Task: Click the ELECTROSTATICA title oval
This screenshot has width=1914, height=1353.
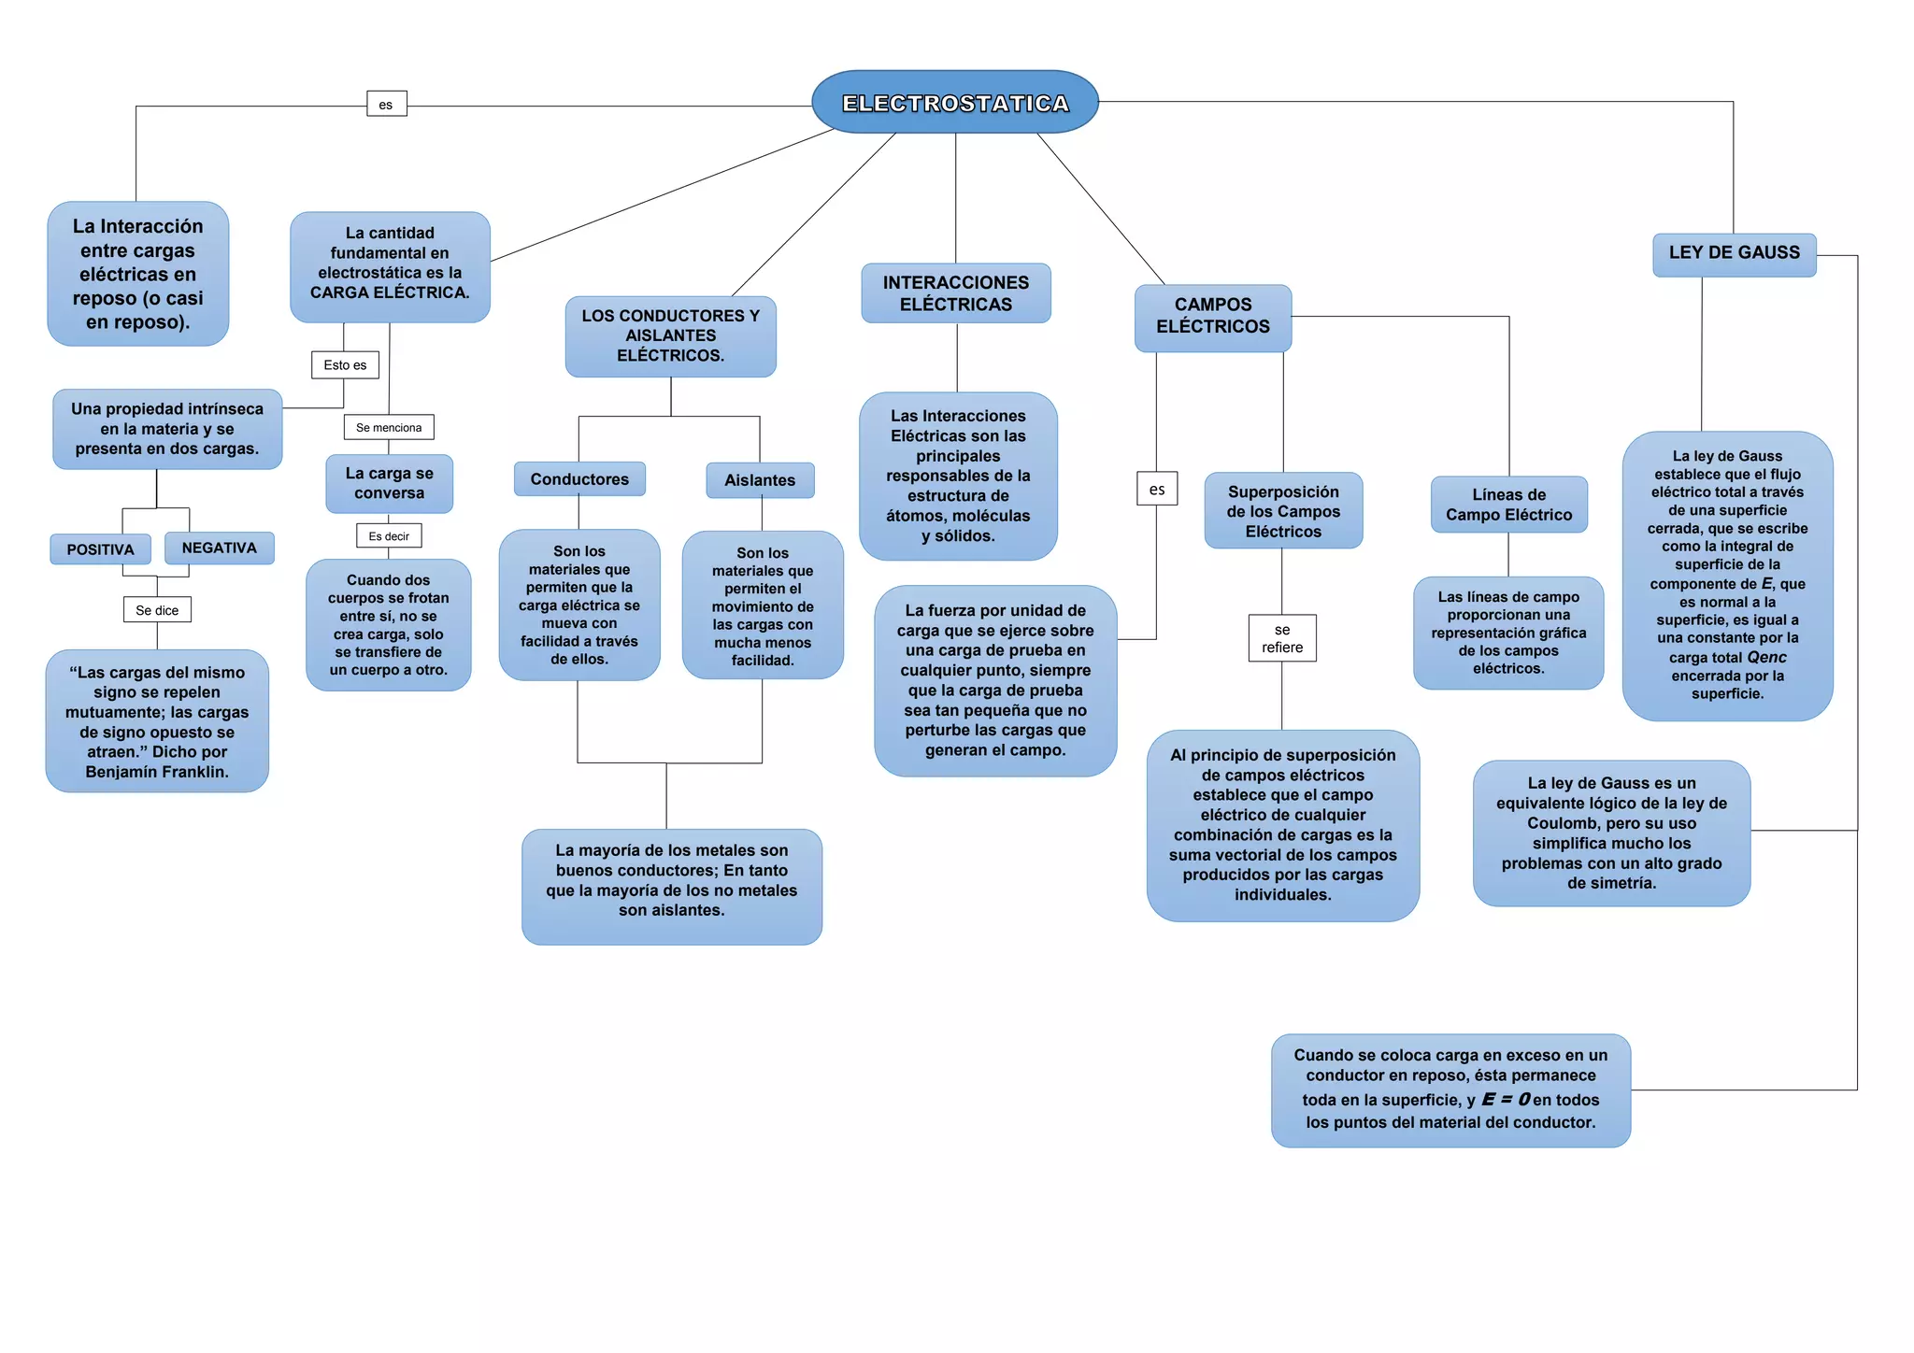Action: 954,103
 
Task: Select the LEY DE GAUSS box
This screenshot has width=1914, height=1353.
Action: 1734,253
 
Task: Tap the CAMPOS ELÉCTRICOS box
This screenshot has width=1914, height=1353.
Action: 1212,317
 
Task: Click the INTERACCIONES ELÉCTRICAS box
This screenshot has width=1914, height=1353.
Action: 955,293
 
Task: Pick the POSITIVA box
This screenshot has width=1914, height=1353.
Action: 100,549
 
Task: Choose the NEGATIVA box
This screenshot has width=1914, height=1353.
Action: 219,548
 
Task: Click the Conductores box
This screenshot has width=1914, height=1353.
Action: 579,479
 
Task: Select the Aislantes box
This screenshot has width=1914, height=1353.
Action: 760,480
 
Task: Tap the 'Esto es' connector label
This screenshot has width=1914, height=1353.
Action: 345,365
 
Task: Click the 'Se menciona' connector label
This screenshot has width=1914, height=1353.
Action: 389,427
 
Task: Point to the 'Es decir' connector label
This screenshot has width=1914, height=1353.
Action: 389,536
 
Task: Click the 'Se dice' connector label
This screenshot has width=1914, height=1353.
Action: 157,610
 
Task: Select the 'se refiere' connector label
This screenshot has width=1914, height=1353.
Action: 1281,638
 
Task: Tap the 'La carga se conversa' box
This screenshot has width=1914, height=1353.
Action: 389,483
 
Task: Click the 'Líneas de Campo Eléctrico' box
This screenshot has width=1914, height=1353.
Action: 1508,505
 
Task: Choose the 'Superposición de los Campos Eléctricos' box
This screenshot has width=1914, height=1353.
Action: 1283,511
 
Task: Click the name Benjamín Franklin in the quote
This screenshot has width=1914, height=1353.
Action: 157,772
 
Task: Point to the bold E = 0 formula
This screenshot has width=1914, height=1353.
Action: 1506,1099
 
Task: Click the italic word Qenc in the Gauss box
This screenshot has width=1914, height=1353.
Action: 1766,657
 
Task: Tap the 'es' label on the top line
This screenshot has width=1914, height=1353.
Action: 386,104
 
